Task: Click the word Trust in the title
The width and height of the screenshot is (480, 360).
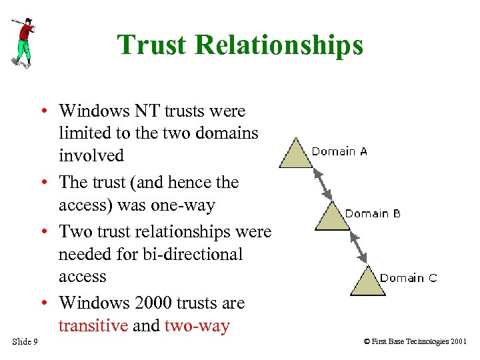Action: tap(151, 45)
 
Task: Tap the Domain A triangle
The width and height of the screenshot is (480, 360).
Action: tap(295, 155)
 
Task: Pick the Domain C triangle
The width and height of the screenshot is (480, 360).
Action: tap(367, 281)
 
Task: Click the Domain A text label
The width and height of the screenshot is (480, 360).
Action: tap(339, 151)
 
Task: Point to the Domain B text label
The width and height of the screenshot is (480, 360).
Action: tap(373, 213)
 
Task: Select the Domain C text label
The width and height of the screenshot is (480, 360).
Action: tap(409, 277)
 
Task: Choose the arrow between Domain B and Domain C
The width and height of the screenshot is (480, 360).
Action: tap(358, 247)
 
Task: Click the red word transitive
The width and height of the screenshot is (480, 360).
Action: tap(93, 326)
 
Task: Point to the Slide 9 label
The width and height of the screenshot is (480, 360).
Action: tap(25, 342)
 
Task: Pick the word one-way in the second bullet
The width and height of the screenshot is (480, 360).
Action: tap(182, 205)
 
